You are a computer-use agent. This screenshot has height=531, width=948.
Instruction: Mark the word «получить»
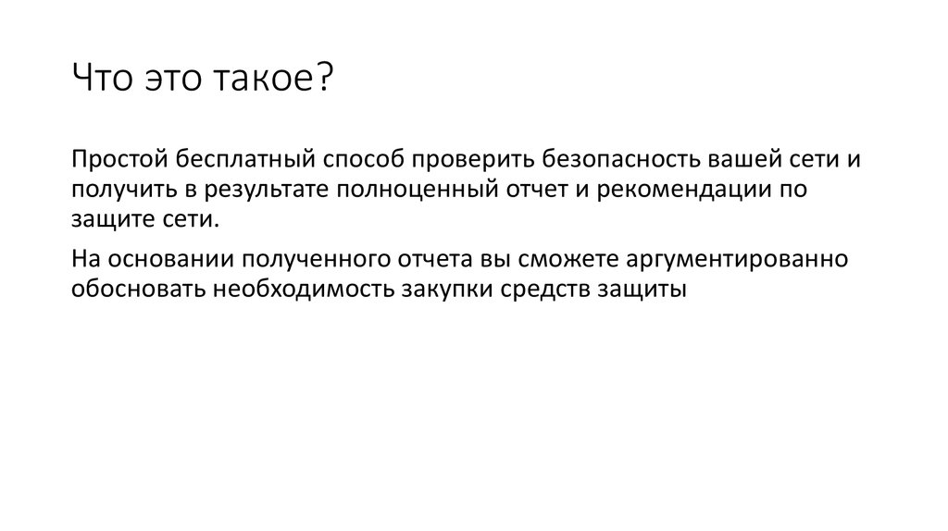click(x=115, y=191)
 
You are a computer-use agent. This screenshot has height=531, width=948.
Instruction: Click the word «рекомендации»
click(x=678, y=191)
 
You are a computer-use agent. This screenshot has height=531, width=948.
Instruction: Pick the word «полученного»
click(x=302, y=258)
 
